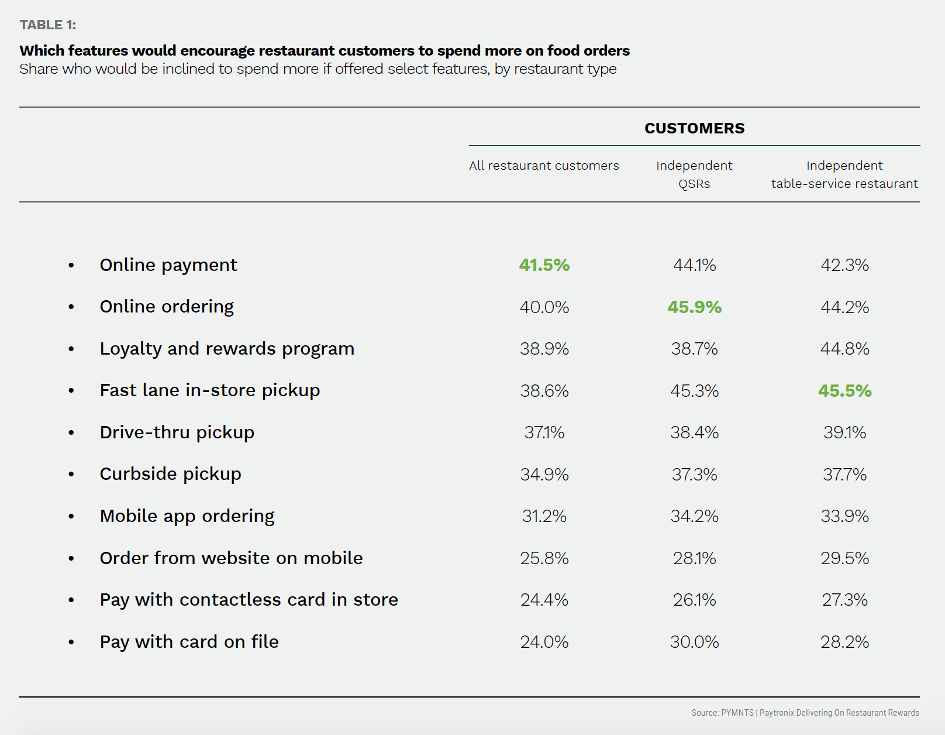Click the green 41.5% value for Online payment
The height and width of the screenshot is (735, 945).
coord(544,265)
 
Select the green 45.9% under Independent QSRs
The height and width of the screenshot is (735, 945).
coord(694,307)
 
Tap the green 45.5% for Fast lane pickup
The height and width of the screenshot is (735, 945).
coord(844,391)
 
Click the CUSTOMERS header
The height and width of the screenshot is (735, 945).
coord(694,128)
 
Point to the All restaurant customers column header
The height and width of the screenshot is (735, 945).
coord(544,166)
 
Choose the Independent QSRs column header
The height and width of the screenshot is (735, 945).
coord(694,174)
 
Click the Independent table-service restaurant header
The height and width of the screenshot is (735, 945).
coord(844,174)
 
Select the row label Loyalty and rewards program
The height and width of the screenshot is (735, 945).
coord(227,349)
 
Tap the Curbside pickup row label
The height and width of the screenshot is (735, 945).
coord(170,474)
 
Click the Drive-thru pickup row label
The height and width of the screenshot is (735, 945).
coord(177,432)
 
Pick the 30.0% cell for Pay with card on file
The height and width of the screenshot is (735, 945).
coord(694,642)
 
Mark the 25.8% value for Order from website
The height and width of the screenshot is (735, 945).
coord(544,558)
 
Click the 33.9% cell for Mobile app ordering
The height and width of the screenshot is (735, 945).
coord(844,516)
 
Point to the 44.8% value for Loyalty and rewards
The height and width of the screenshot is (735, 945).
coord(844,349)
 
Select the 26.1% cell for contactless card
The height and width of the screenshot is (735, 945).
coord(694,600)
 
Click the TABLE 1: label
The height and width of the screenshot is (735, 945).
coord(48,25)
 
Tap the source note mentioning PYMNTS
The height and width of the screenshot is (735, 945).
coord(805,713)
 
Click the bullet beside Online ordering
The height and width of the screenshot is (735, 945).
coord(71,307)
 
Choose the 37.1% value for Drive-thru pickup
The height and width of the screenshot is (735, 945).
coord(544,432)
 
